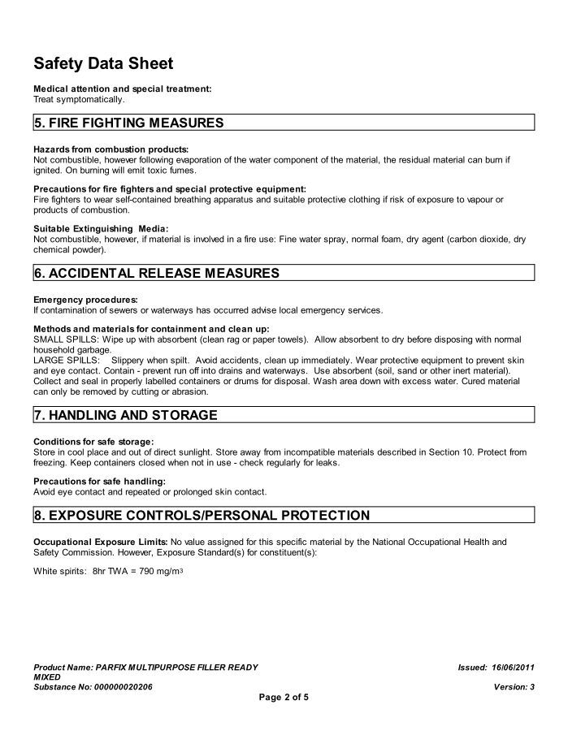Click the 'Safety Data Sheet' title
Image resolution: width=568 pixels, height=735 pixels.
point(103,63)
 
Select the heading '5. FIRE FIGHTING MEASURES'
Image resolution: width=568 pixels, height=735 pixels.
point(128,123)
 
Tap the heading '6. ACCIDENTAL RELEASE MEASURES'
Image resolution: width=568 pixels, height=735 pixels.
point(156,273)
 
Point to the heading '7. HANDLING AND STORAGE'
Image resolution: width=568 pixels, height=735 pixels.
point(125,415)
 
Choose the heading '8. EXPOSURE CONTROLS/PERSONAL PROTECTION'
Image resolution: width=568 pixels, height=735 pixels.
point(202,515)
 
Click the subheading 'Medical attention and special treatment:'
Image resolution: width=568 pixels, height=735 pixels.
point(122,89)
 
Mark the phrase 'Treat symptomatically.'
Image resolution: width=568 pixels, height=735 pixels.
point(79,99)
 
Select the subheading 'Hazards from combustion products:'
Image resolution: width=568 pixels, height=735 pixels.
point(111,149)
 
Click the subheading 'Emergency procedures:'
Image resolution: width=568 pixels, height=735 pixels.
point(85,299)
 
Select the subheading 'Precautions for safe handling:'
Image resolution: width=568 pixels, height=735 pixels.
point(96,482)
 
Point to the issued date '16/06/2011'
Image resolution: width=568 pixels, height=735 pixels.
point(512,667)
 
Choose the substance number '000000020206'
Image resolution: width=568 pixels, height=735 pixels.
point(121,686)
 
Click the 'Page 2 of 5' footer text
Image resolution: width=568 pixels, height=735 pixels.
point(284,697)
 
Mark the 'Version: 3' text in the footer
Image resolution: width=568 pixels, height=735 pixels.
point(514,686)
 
